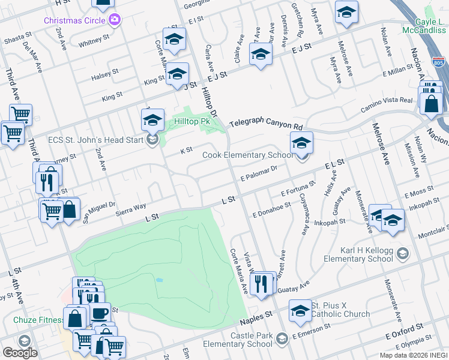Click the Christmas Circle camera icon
point(115,20)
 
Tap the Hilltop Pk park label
point(191,121)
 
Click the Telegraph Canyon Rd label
point(266,122)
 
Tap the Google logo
point(20,352)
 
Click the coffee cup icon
point(99,313)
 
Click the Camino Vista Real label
point(386,106)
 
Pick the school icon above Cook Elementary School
point(301,143)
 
